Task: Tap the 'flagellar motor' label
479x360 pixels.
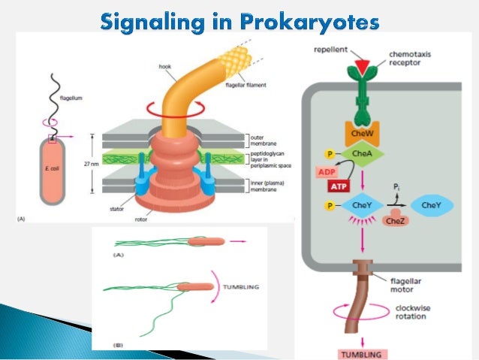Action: (411, 283)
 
